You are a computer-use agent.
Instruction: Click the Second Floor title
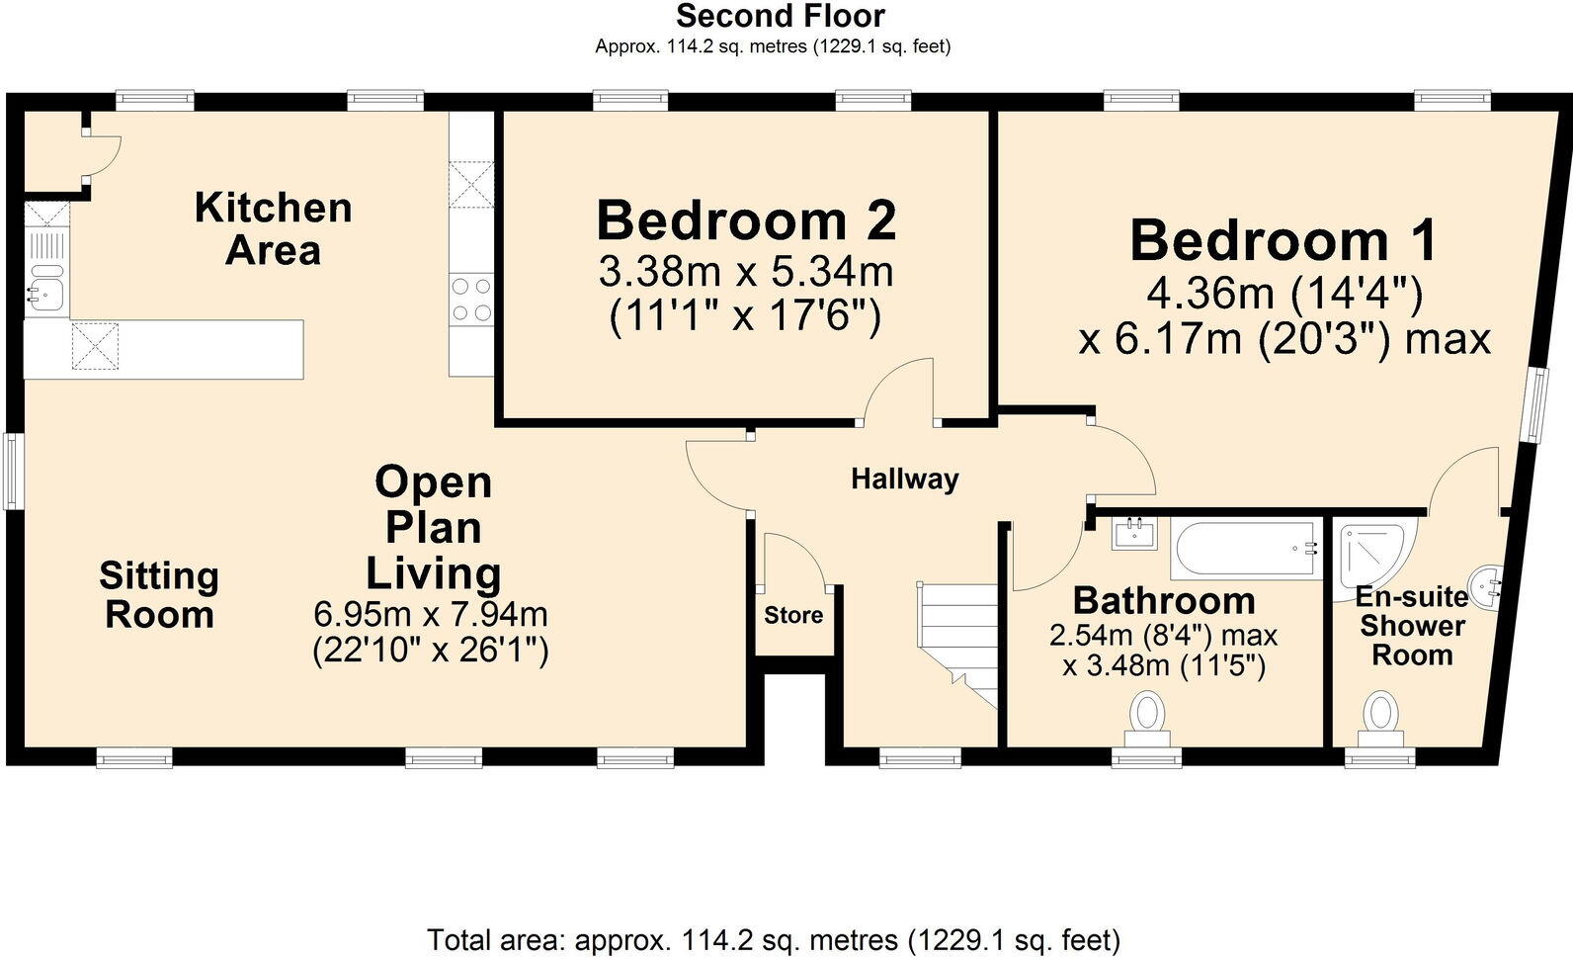(780, 16)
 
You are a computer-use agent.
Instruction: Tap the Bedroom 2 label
(746, 219)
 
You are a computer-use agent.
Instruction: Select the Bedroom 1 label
(1283, 240)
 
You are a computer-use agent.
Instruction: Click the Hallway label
(904, 480)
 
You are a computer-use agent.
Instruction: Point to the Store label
(793, 615)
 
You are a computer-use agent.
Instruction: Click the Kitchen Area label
(273, 228)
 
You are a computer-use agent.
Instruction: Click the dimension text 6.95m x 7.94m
(430, 614)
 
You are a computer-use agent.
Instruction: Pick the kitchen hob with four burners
(471, 300)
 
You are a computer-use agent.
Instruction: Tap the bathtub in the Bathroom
(1245, 549)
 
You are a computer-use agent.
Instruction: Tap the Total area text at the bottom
(773, 938)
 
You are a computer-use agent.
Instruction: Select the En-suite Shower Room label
(1412, 626)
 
